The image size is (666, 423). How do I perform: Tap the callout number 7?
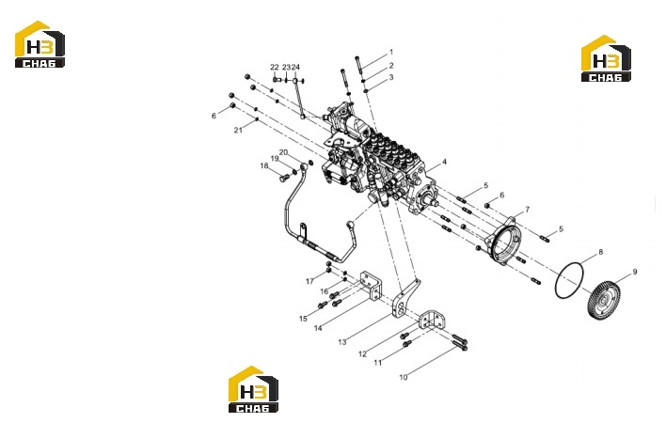coord(528,210)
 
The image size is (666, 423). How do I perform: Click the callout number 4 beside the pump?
coord(444,162)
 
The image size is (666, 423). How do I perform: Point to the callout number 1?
coord(391,53)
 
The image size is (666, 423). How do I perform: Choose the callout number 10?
coord(404,377)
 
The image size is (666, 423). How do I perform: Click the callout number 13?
coord(341,342)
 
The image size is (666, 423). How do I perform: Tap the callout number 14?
coord(318,328)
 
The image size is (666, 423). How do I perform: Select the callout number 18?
coord(264,165)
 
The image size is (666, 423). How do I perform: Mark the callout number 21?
coord(238,131)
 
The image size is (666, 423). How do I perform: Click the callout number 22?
coord(275,67)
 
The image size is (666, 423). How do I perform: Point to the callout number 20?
coord(283,152)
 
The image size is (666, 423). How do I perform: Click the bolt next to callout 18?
coord(284,179)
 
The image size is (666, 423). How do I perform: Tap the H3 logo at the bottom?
coord(253,389)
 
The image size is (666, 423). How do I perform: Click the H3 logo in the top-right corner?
coord(606,58)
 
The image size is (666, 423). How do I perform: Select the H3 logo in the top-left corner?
coord(40,44)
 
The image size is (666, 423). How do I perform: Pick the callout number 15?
coord(303,319)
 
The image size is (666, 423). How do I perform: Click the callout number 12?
coord(362,353)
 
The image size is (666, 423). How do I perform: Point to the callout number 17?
coord(309,281)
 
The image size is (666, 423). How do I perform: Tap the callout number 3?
coord(391,77)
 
